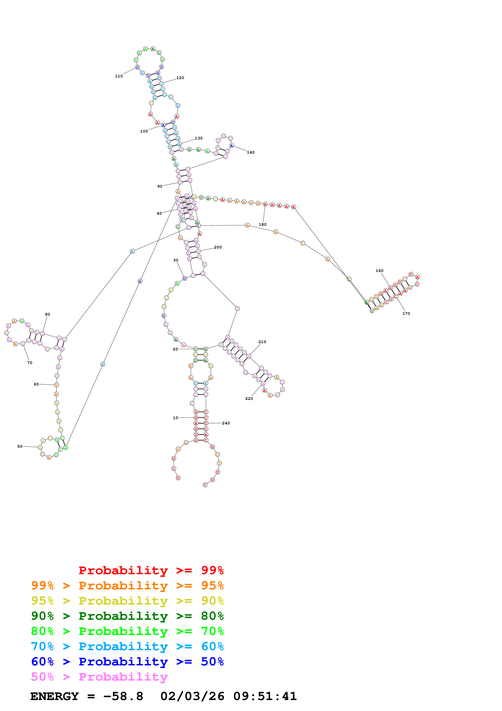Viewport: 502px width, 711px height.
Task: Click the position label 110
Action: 119,76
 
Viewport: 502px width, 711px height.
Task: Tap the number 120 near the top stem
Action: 180,78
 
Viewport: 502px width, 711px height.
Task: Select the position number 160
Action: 379,271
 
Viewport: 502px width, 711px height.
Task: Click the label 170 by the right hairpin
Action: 406,313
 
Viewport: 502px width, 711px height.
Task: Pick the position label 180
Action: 263,225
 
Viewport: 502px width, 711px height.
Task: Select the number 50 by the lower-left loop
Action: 20,446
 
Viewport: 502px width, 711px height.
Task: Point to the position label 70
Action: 30,363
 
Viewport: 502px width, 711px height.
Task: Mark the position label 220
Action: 249,398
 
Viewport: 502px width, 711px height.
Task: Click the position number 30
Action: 176,260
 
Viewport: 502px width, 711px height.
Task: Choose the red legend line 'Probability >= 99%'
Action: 151,570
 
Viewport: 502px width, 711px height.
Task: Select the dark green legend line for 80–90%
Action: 127,616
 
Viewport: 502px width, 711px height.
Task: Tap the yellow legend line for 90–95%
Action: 127,601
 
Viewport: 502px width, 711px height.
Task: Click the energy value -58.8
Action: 123,696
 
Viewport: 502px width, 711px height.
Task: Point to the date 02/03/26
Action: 192,696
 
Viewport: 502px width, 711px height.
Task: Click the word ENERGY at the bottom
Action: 54,696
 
